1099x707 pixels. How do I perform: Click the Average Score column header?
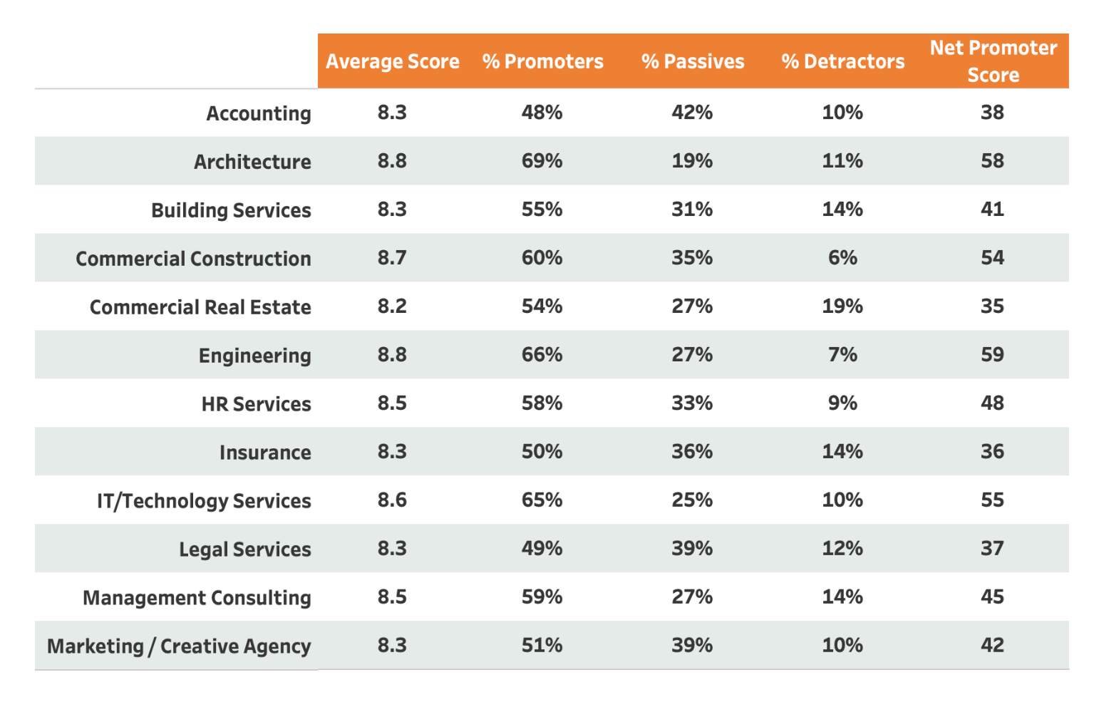(392, 61)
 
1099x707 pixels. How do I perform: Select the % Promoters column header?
(542, 61)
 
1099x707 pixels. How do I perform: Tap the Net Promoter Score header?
(993, 61)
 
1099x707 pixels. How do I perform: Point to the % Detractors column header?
(842, 61)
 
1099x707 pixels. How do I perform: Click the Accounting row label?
(258, 113)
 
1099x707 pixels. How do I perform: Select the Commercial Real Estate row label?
(200, 307)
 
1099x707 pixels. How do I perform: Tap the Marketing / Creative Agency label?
(179, 646)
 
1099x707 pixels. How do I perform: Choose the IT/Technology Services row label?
(204, 501)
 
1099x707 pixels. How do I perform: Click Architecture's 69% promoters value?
(542, 161)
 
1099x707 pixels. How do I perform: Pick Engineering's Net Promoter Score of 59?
(992, 355)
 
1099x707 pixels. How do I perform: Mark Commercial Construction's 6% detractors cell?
(842, 258)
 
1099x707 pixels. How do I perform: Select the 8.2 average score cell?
(392, 306)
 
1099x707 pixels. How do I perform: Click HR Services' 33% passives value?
(692, 403)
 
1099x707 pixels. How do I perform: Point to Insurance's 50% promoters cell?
(542, 452)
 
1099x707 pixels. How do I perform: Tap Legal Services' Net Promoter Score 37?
(992, 549)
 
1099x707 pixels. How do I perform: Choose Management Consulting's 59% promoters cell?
(542, 597)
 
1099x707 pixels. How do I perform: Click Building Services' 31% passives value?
(692, 210)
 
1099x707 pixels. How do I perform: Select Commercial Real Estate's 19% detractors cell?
(842, 306)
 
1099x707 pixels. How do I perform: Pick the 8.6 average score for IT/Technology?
(392, 500)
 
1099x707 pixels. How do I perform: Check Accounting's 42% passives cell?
(692, 113)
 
